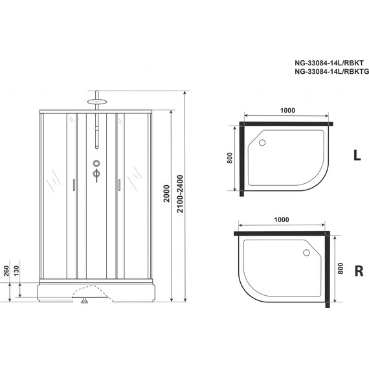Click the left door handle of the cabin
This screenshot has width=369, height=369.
[74, 186]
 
